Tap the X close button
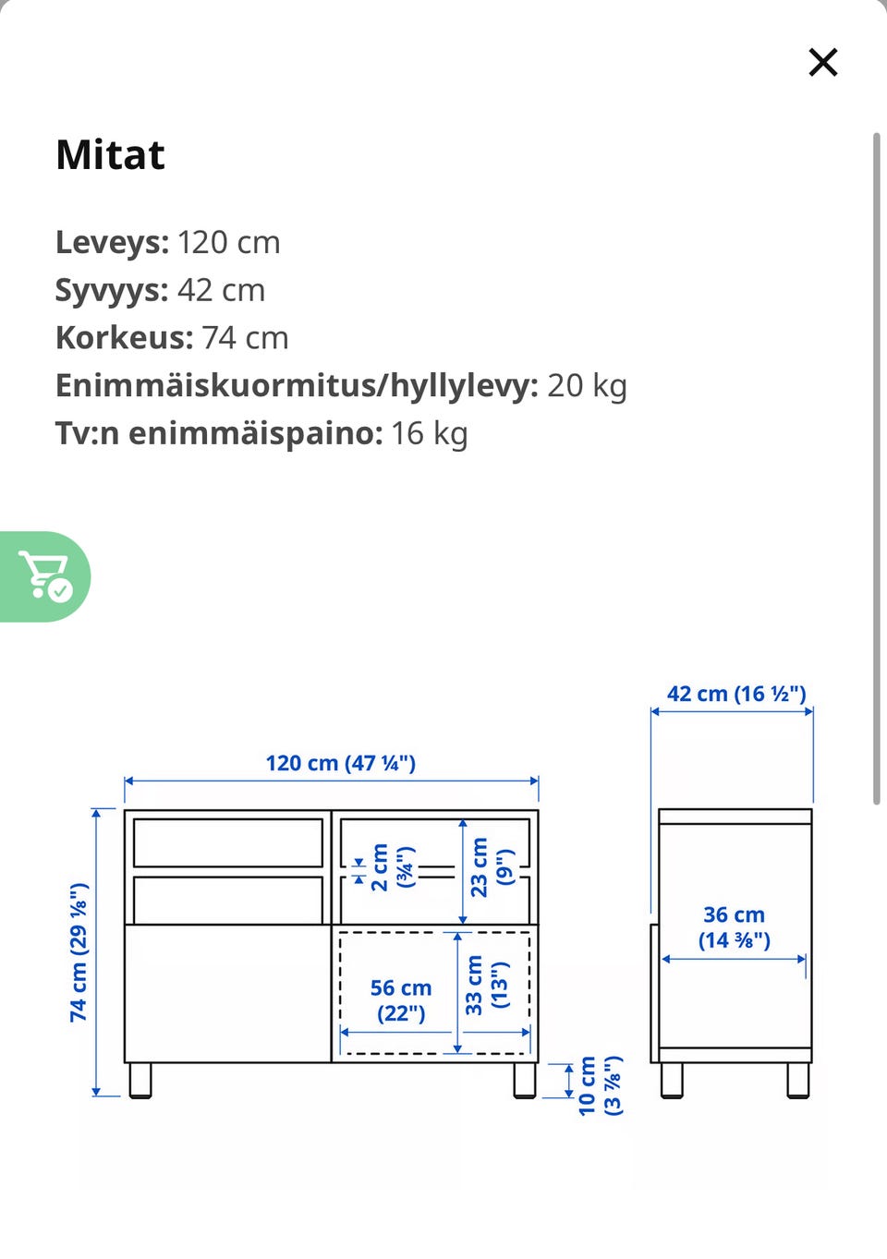tap(822, 63)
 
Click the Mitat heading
tap(110, 155)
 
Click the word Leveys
tap(111, 242)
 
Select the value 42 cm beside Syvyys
tap(221, 290)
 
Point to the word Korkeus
tap(124, 338)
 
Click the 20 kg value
tap(587, 385)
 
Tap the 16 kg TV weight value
tap(429, 433)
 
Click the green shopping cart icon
tap(45, 576)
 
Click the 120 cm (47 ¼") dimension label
tap(340, 763)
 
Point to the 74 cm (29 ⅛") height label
tap(79, 951)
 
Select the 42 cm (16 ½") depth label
tap(736, 694)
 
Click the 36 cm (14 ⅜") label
tap(735, 927)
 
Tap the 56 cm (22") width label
tap(401, 1000)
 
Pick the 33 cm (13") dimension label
tap(486, 986)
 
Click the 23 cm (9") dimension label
tap(491, 866)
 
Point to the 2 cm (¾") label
tap(392, 867)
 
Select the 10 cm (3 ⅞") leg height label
tap(600, 1086)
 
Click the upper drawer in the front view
tap(227, 842)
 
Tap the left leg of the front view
tap(140, 1080)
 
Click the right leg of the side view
tap(797, 1080)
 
